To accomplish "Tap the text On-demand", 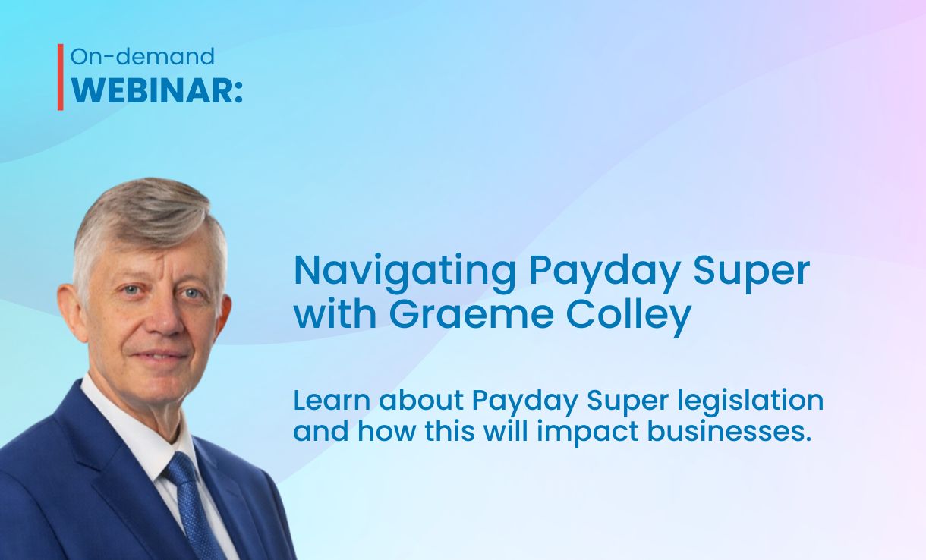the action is (143, 56).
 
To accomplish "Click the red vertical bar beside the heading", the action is (61, 77).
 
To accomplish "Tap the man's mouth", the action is (159, 354).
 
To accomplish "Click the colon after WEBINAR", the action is (238, 93).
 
